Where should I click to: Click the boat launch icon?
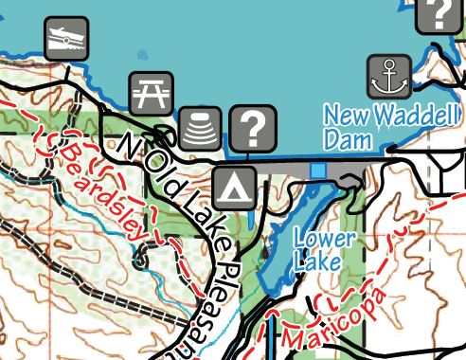click(x=66, y=40)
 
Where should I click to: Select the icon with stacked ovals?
click(x=200, y=128)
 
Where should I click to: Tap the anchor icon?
click(x=387, y=77)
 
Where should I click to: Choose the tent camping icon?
click(x=233, y=188)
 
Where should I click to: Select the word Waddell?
click(x=408, y=117)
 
